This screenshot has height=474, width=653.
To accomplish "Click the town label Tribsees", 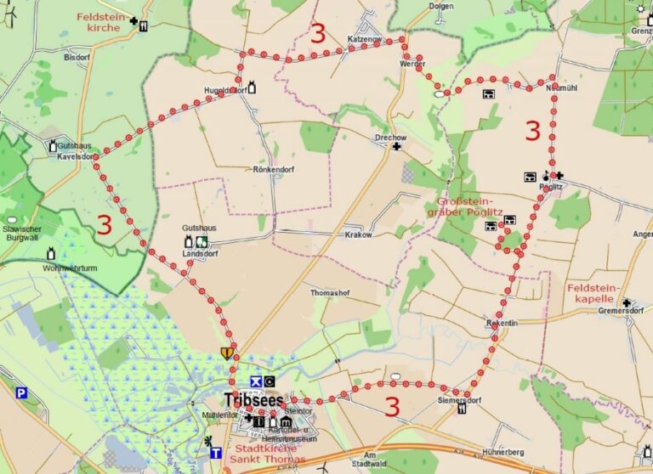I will click(253, 399).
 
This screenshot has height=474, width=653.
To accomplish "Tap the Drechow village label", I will click(391, 136).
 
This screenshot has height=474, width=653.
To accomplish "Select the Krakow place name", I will click(359, 234).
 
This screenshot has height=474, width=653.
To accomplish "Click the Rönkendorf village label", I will click(274, 169).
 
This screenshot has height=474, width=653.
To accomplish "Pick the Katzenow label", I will click(365, 39).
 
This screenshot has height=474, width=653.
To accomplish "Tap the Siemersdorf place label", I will click(460, 398).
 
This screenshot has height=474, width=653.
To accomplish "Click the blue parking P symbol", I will click(21, 393).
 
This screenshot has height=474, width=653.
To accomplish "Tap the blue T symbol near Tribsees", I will click(216, 453).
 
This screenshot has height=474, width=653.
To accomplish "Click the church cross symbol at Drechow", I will click(396, 147).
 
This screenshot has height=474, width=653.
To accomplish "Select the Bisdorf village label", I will click(76, 58).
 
